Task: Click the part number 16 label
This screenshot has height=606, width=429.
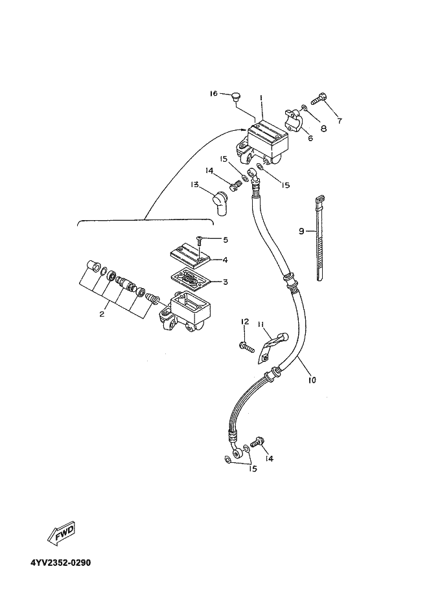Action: (x=213, y=94)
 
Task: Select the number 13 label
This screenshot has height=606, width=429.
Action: (x=194, y=185)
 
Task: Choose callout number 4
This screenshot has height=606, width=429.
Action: (x=225, y=260)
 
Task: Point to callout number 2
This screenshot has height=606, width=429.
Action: (x=102, y=314)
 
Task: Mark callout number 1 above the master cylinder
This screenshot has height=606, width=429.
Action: (x=261, y=98)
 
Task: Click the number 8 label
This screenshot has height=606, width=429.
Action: (x=323, y=128)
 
